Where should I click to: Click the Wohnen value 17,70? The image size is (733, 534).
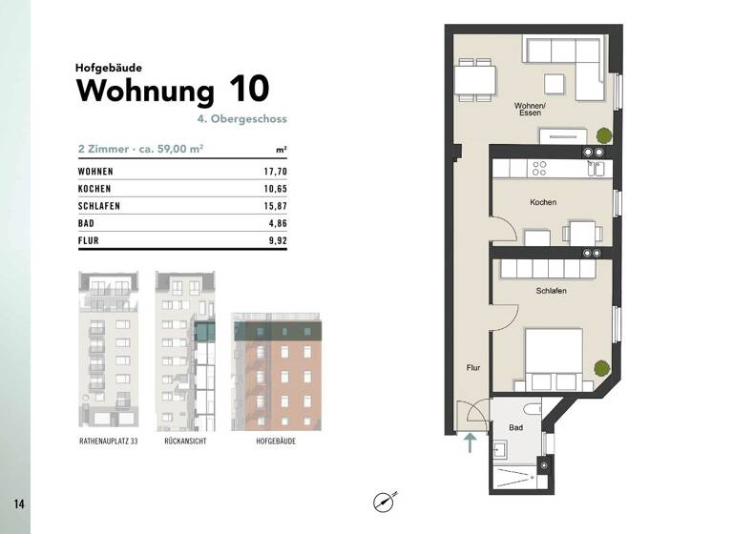(275, 172)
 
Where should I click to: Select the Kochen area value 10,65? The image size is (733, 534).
(275, 189)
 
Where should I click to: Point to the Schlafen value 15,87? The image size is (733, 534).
(275, 206)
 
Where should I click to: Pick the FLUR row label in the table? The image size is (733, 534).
(89, 240)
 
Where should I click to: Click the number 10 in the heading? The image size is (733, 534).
(248, 91)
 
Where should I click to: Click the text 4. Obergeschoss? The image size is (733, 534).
(242, 120)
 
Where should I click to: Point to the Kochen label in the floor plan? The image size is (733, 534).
(543, 202)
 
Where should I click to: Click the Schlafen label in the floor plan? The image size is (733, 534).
(552, 291)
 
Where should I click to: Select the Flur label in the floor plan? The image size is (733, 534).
(472, 366)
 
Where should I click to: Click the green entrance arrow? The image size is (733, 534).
(469, 443)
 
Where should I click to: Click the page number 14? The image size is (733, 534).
(18, 502)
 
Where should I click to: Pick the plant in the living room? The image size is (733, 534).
(602, 134)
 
